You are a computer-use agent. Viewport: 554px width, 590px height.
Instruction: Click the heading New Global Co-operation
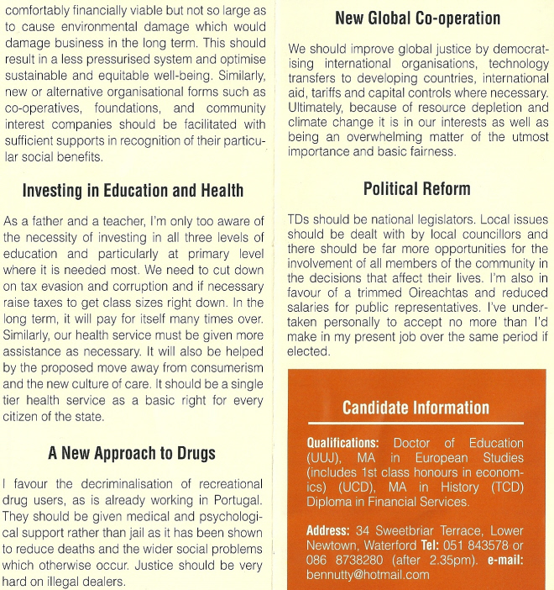417,18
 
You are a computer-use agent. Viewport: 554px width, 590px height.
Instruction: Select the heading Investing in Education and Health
133,191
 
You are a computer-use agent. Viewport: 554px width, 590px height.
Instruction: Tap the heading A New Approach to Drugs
132,453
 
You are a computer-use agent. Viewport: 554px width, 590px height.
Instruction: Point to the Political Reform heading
417,188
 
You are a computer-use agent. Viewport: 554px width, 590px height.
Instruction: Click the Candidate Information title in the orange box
415,408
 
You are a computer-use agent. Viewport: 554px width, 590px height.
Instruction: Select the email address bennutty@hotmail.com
368,576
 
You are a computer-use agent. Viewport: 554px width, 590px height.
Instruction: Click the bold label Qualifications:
342,443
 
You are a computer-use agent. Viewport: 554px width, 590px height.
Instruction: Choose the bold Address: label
328,531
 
